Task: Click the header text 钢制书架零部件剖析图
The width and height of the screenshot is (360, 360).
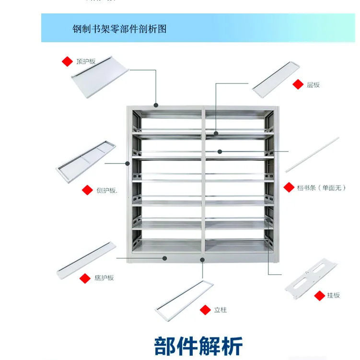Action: (119, 29)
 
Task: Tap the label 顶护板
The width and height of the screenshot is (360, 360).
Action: (86, 61)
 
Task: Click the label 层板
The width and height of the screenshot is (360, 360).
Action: (313, 85)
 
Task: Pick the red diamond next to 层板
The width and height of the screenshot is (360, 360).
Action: (298, 84)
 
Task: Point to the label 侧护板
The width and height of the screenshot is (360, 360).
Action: (106, 190)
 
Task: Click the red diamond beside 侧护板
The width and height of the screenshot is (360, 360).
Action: (87, 190)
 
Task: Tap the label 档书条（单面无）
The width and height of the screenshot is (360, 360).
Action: (321, 187)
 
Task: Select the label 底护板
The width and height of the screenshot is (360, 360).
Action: (104, 278)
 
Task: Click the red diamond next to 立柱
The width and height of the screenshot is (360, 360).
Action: (205, 310)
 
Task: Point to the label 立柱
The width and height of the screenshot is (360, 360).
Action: (221, 310)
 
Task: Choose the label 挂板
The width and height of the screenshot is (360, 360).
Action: (333, 295)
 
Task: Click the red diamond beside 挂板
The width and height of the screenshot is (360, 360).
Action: (319, 295)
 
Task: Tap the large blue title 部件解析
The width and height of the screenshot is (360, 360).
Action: (198, 345)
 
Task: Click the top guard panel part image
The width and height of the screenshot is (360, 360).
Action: (100, 77)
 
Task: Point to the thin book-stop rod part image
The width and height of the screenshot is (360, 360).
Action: (312, 154)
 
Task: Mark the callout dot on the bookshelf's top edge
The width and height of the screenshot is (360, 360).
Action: (156, 105)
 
